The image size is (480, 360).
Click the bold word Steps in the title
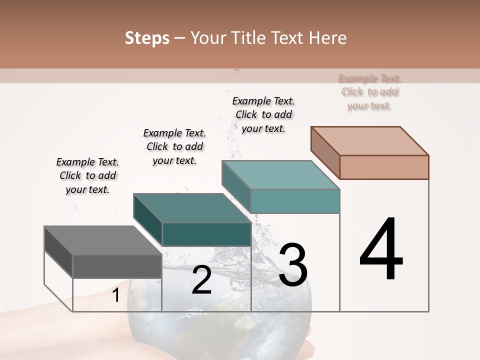[x=147, y=38]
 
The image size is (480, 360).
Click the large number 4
[x=381, y=249]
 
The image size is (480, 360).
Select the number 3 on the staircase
[x=292, y=265]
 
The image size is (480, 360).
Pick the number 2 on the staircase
[x=201, y=280]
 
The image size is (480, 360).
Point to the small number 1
[x=115, y=295]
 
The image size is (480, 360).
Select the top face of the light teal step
[x=280, y=175]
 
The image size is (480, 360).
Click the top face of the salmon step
[x=369, y=141]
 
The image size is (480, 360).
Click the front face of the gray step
[x=117, y=266]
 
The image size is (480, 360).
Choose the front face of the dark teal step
[x=206, y=234]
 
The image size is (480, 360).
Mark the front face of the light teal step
[x=295, y=201]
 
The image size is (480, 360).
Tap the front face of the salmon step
[x=384, y=167]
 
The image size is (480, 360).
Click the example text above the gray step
[x=87, y=175]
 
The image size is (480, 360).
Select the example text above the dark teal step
[x=174, y=146]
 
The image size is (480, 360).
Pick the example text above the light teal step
[x=263, y=114]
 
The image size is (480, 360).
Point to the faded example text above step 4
[x=369, y=92]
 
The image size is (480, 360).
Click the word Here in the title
[x=328, y=38]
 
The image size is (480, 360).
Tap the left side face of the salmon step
[x=325, y=152]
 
